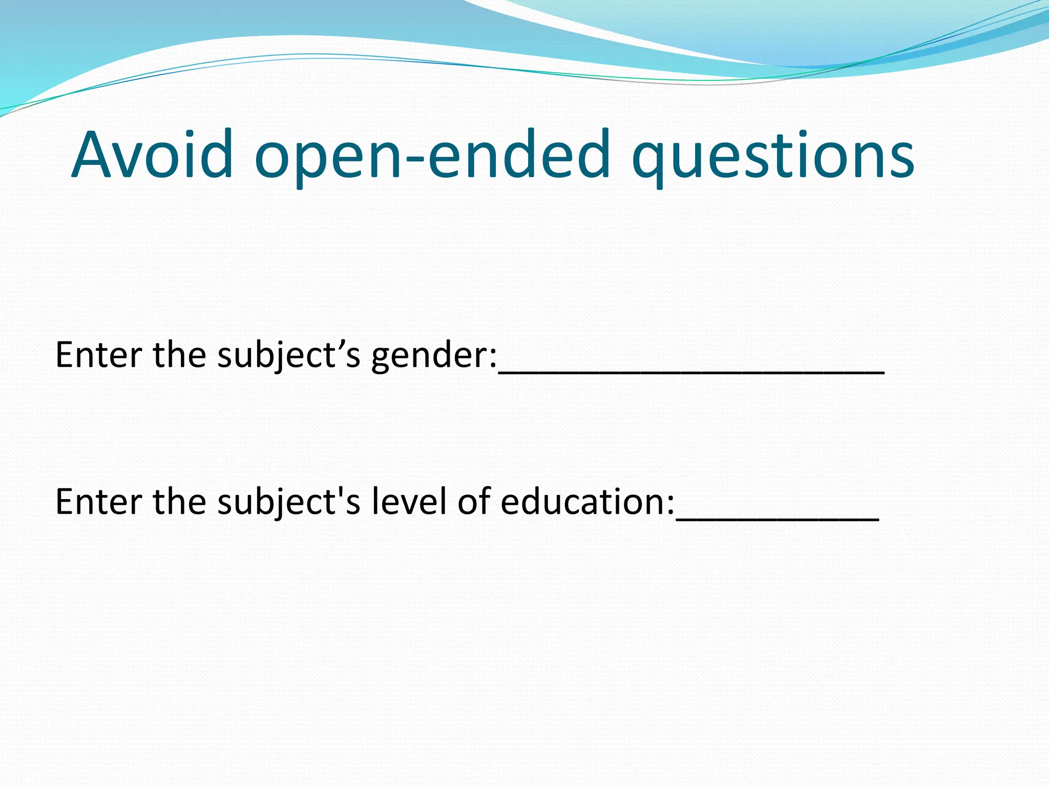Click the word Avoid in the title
[152, 155]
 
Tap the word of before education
[474, 501]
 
